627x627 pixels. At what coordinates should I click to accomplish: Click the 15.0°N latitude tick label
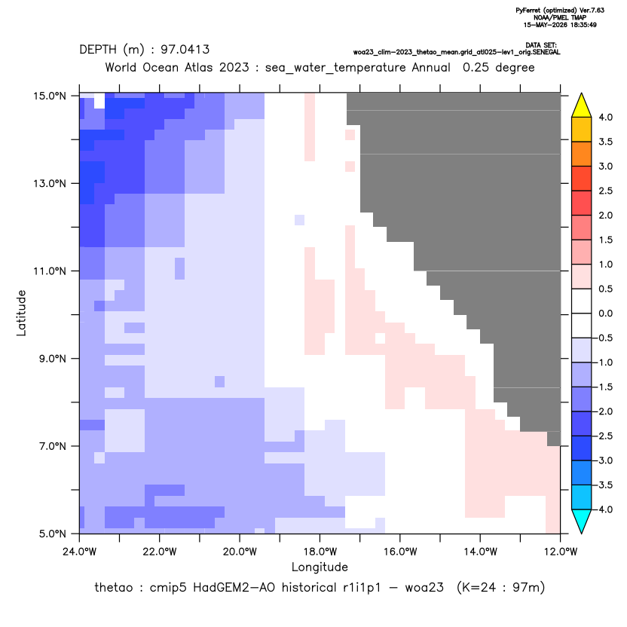[x=50, y=96]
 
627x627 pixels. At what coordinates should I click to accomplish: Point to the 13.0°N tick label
[x=50, y=184]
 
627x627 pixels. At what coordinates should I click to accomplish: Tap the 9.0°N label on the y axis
[x=53, y=359]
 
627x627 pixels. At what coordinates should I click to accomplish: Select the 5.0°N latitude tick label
[x=53, y=534]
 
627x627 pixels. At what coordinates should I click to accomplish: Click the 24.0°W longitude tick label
[x=80, y=552]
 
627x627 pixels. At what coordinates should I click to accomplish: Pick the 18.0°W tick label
[x=320, y=552]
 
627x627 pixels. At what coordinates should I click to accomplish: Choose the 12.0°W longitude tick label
[x=561, y=552]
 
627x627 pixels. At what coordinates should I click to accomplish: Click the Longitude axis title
[x=320, y=567]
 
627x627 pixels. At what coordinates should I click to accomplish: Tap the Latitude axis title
[x=21, y=313]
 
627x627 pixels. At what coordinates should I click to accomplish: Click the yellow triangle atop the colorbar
[x=582, y=106]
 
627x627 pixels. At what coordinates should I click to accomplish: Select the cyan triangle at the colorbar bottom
[x=582, y=521]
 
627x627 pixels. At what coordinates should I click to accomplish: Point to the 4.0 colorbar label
[x=605, y=117]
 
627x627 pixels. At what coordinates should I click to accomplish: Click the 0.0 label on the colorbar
[x=605, y=313]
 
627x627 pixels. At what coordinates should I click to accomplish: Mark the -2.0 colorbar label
[x=604, y=411]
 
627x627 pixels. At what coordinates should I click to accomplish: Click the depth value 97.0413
[x=185, y=50]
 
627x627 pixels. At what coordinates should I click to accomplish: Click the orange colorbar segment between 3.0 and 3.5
[x=582, y=154]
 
